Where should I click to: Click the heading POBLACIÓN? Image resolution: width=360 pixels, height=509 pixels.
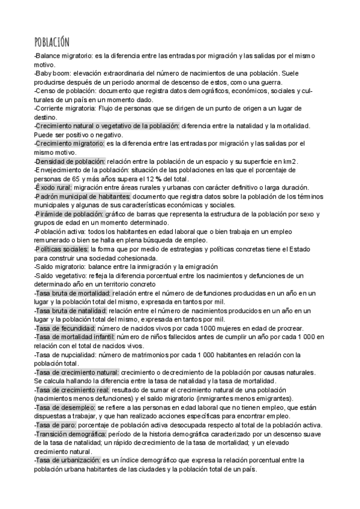(52, 41)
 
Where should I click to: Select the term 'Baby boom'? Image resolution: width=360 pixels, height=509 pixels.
(53, 74)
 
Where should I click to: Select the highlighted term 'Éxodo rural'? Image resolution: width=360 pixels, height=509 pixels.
(53, 188)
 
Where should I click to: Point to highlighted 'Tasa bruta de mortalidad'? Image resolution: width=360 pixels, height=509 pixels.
(68, 293)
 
